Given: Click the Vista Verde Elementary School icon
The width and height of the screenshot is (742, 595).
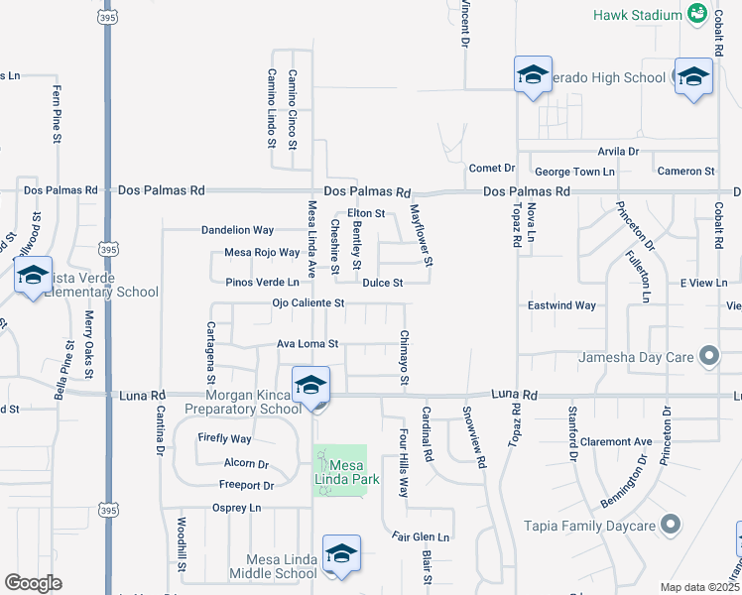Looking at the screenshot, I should tap(33, 277).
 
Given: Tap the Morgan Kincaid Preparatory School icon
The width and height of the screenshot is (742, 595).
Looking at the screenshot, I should tap(310, 386).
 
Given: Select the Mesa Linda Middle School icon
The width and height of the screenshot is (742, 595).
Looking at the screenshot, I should tap(340, 555).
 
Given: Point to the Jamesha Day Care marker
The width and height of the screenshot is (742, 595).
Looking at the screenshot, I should tap(708, 355).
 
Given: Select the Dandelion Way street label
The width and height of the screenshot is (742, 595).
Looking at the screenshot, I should tap(237, 230).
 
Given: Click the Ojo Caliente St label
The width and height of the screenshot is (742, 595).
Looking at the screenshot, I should tap(308, 303).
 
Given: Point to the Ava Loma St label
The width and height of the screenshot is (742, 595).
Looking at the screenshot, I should tap(308, 345).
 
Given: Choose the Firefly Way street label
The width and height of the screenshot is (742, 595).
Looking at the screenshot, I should tap(224, 438).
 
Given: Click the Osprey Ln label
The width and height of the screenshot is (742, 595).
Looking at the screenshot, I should tap(236, 508).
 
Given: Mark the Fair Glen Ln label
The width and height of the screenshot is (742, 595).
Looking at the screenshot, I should tap(421, 537).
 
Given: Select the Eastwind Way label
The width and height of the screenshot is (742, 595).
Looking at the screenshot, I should tap(561, 305).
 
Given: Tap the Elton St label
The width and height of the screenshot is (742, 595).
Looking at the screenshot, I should tap(365, 214).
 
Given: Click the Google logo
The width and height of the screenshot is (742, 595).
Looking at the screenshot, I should tap(33, 583).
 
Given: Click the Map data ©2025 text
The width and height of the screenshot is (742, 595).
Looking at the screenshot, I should tap(699, 587).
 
